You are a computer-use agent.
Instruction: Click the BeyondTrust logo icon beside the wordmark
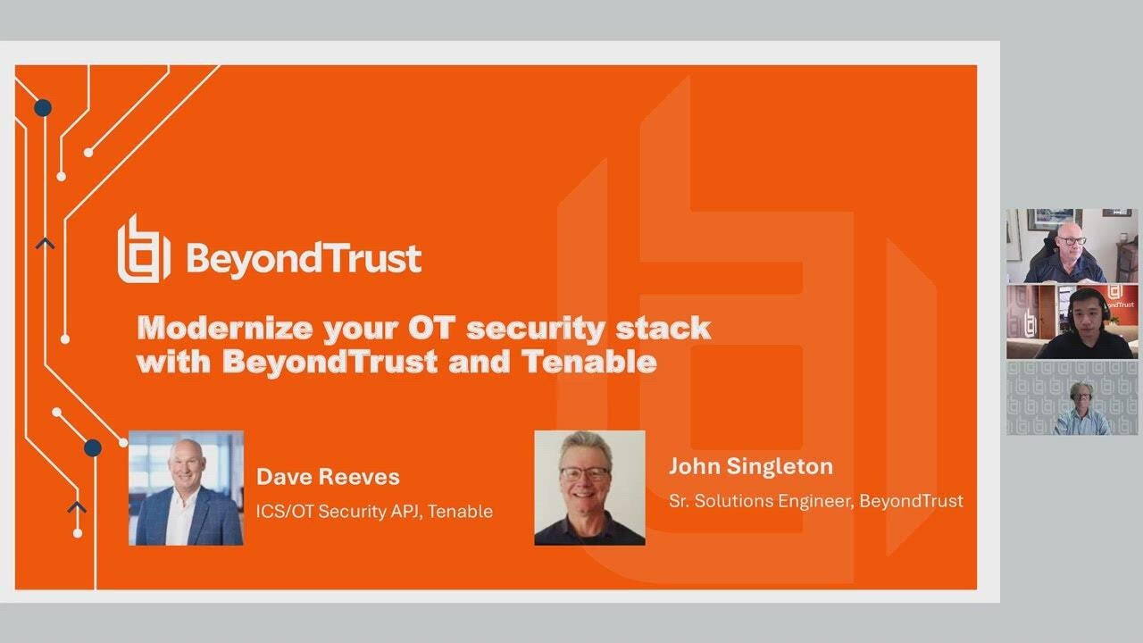pyautogui.click(x=143, y=249)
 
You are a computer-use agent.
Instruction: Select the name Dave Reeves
pyautogui.click(x=328, y=477)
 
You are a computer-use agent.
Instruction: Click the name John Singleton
pyautogui.click(x=750, y=466)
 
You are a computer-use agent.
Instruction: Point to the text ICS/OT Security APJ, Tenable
pyautogui.click(x=374, y=512)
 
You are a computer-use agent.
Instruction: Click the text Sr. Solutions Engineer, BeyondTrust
pyautogui.click(x=815, y=501)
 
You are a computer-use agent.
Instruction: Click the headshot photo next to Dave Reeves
pyautogui.click(x=186, y=488)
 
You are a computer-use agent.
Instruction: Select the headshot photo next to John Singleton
pyautogui.click(x=589, y=488)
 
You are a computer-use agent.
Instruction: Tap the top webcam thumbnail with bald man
pyautogui.click(x=1072, y=246)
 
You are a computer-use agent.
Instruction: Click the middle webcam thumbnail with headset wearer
pyautogui.click(x=1072, y=321)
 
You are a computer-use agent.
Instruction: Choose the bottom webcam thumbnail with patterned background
pyautogui.click(x=1072, y=397)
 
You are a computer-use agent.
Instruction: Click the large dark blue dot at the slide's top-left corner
pyautogui.click(x=42, y=108)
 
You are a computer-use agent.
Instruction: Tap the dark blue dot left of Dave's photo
pyautogui.click(x=93, y=447)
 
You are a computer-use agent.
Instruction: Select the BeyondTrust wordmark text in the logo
pyautogui.click(x=304, y=258)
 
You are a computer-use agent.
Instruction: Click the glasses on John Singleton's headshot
pyautogui.click(x=585, y=472)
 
